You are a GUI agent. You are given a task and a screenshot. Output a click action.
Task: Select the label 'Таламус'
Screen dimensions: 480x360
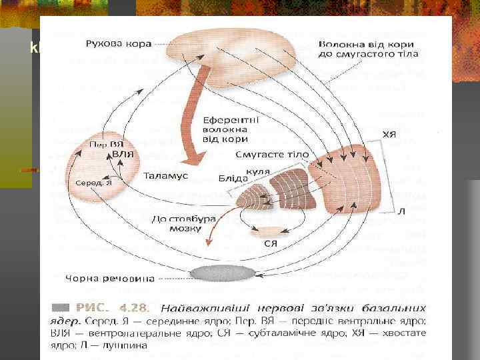coord(166,176)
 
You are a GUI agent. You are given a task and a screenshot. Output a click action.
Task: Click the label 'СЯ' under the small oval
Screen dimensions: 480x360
coord(270,244)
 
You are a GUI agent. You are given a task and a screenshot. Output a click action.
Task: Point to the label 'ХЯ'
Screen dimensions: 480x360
coord(389,134)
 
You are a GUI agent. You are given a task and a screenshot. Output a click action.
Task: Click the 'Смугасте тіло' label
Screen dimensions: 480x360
coord(272,155)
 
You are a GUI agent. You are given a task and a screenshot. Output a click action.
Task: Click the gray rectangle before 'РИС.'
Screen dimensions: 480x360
coord(60,307)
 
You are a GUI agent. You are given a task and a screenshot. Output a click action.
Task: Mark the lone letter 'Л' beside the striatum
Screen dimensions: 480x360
coord(401,211)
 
